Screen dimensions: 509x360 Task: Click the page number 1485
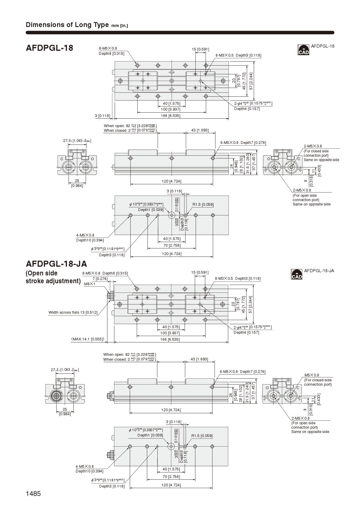click(x=33, y=494)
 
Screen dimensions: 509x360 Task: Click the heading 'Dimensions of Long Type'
click(x=67, y=25)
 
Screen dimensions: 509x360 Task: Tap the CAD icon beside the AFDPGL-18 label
click(x=303, y=50)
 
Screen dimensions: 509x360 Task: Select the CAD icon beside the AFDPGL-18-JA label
click(x=296, y=274)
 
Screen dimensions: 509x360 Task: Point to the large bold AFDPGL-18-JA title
click(x=56, y=264)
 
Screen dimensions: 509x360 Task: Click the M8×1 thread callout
click(x=90, y=284)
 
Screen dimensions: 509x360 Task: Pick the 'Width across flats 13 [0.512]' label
click(x=73, y=313)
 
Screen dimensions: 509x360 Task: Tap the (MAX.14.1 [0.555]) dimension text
click(x=88, y=339)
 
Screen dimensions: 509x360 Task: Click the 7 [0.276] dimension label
click(x=100, y=279)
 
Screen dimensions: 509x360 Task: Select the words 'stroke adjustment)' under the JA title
click(x=53, y=281)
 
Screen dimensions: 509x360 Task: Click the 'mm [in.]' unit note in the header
click(x=120, y=26)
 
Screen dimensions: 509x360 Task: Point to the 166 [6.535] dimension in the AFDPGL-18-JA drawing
click(x=170, y=339)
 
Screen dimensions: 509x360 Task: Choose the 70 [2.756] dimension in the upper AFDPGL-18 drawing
click(x=172, y=245)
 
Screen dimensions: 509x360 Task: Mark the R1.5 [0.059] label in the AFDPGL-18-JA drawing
click(x=202, y=436)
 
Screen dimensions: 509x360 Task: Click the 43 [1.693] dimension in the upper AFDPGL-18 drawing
click(x=200, y=130)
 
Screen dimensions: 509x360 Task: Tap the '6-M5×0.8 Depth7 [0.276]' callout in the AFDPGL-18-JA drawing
click(x=243, y=371)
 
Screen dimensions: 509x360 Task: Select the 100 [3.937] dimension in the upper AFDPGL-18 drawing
click(x=171, y=109)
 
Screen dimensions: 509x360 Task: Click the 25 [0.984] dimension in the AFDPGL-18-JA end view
click(x=65, y=411)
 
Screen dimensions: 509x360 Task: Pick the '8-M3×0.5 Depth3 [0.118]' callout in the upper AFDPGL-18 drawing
click(x=238, y=55)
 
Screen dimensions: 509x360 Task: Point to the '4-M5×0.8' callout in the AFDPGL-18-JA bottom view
click(x=85, y=466)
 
